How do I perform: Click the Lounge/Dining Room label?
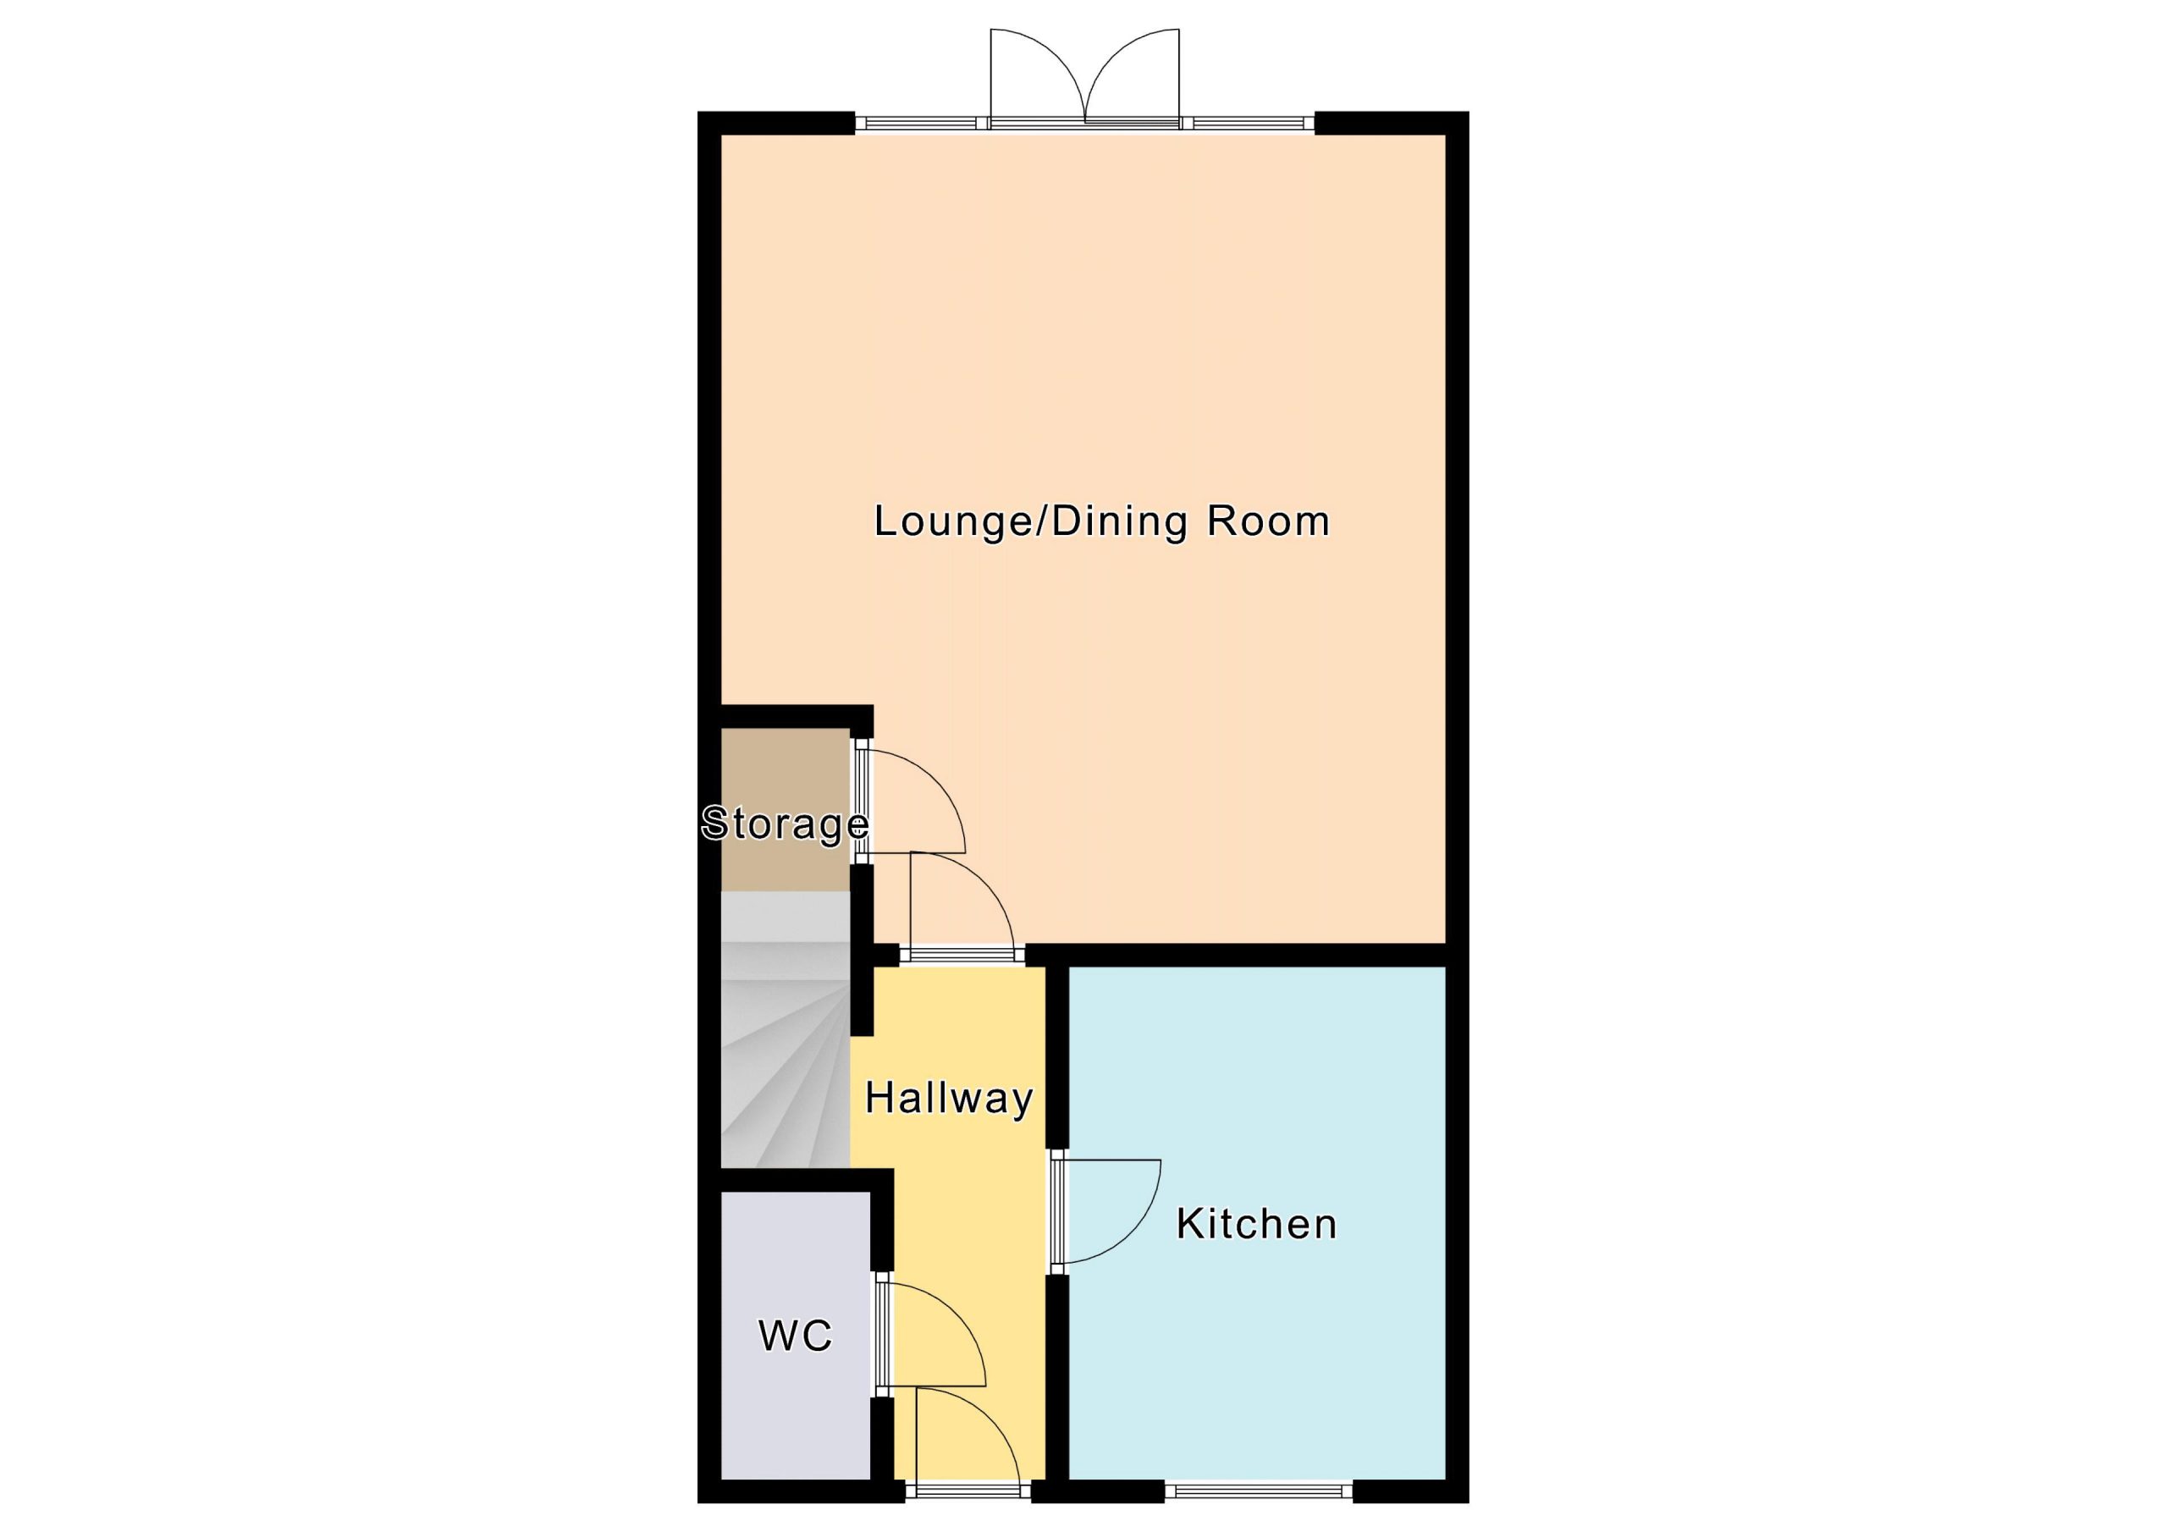pos(1101,522)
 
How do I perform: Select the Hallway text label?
pos(949,1099)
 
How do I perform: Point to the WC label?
pos(796,1336)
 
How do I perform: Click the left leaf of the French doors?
pos(1038,75)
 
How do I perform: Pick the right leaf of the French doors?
pos(1133,75)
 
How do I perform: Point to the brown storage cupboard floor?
pos(786,809)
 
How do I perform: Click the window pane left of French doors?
pos(922,123)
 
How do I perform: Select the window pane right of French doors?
pos(1248,123)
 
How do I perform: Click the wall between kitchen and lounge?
pos(1237,954)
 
